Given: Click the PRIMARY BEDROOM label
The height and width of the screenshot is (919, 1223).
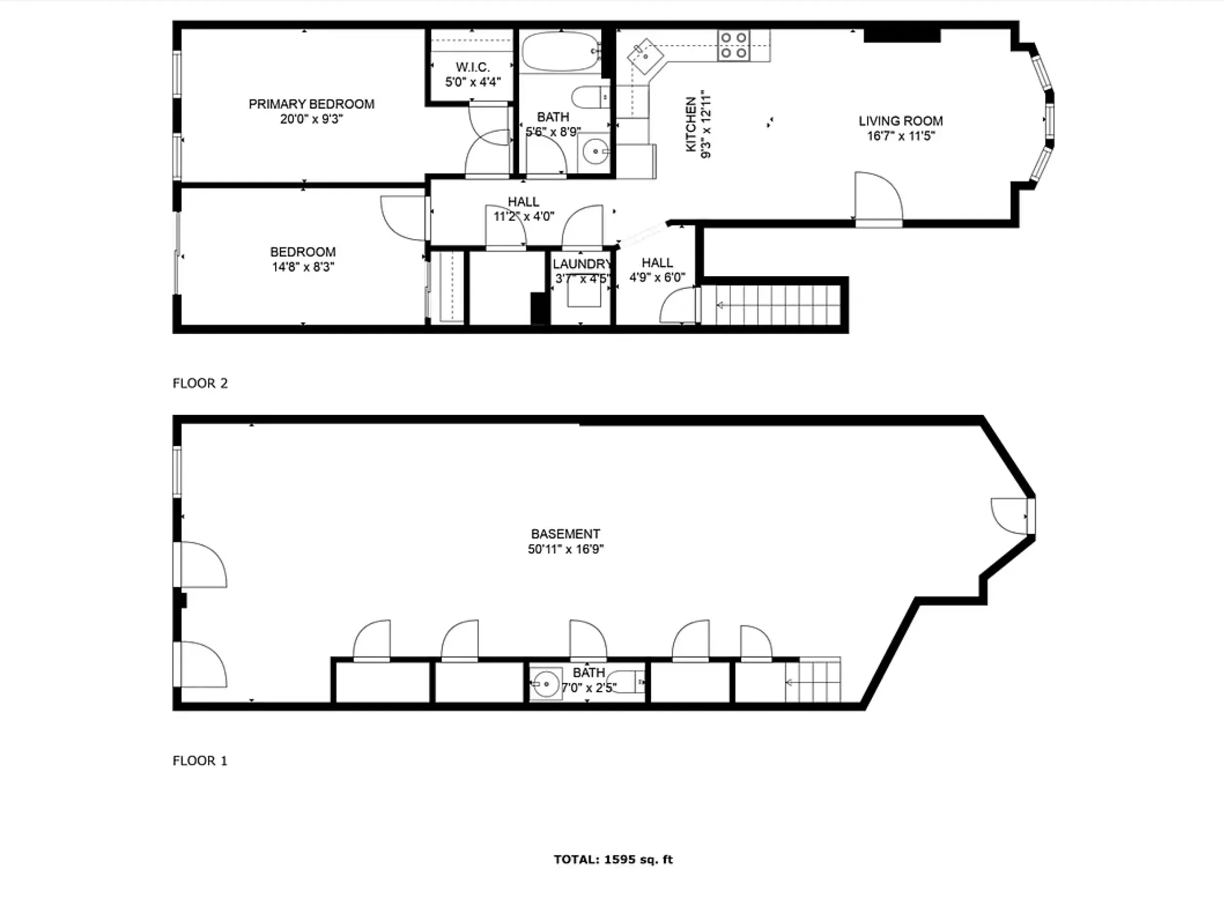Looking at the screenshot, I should pos(311,104).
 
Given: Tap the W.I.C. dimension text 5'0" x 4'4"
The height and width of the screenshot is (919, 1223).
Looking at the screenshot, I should pos(473,82).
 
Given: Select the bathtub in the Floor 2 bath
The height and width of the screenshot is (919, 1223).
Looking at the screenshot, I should pos(560,51).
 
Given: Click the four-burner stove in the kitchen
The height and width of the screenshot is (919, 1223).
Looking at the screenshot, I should pos(733,45).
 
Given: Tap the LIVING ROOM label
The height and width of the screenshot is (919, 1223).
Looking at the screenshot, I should pos(900,121).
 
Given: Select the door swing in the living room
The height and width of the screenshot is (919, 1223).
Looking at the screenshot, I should pos(878,197).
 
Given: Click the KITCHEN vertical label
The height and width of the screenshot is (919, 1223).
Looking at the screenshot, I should pos(691,124).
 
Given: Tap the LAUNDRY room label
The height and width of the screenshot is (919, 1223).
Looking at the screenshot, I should pos(582,264).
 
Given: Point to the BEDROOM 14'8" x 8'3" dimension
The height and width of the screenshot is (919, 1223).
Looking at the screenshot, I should pos(303,267).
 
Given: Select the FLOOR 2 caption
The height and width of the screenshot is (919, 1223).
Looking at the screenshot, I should pos(200,384).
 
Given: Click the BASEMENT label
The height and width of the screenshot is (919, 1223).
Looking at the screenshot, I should pos(565,534).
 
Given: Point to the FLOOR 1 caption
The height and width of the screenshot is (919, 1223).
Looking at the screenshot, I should pos(200,761).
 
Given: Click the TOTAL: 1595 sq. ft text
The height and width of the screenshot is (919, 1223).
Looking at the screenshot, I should pos(613,859).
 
